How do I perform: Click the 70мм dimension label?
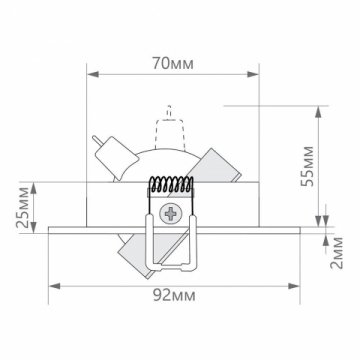[x=172, y=61]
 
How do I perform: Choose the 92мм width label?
[x=172, y=297]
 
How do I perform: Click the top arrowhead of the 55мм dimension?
[x=321, y=103]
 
